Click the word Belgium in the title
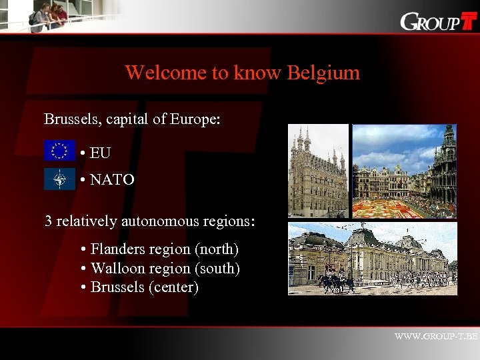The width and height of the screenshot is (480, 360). point(323,73)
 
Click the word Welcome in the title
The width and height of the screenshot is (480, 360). point(165,73)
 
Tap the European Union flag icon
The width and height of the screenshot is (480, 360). point(60,151)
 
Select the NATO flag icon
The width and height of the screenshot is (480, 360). point(60,179)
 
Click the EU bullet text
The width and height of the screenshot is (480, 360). point(100,153)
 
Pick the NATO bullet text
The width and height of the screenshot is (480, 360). point(112,179)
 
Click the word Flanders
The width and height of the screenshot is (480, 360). point(117,249)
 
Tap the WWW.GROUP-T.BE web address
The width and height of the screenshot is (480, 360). point(436,337)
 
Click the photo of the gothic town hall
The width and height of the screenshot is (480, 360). point(319,171)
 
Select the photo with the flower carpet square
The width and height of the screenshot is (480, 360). point(404,171)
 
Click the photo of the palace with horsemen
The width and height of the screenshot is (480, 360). point(373,259)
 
